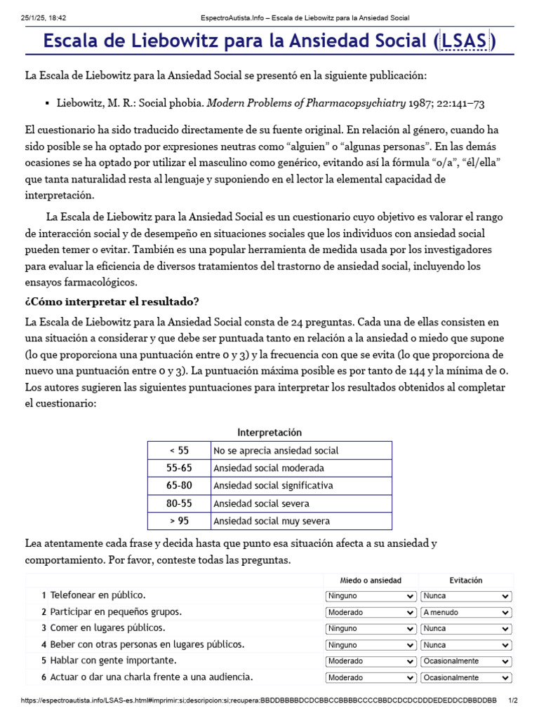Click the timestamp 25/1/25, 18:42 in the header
pyautogui.click(x=44, y=18)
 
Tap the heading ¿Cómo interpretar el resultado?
pyautogui.click(x=112, y=302)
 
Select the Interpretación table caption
pyautogui.click(x=269, y=433)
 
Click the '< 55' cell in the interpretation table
pyautogui.click(x=179, y=451)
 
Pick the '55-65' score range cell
pyautogui.click(x=179, y=468)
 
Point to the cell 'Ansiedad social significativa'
pyautogui.click(x=273, y=486)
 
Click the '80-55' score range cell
pyautogui.click(x=179, y=503)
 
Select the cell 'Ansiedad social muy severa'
pyautogui.click(x=271, y=521)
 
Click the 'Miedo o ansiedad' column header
pyautogui.click(x=371, y=581)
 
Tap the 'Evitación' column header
pyautogui.click(x=466, y=581)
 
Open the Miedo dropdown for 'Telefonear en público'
pyautogui.click(x=371, y=596)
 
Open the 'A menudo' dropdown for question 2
pyautogui.click(x=466, y=612)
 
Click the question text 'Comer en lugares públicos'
pyautogui.click(x=108, y=628)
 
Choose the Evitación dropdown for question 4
pyautogui.click(x=466, y=645)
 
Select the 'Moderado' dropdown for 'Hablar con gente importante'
pyautogui.click(x=371, y=661)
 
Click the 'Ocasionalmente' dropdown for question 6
pyautogui.click(x=466, y=678)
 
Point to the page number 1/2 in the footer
pyautogui.click(x=512, y=700)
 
